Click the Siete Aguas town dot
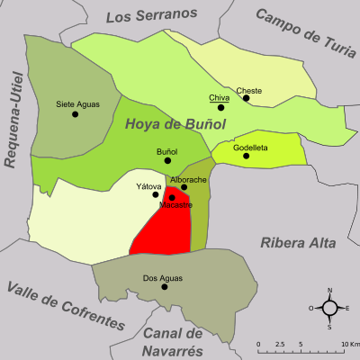point(77,114)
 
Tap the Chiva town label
point(218,97)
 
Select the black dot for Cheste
point(246,99)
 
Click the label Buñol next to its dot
point(167,151)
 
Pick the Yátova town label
point(148,186)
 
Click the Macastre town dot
point(172,197)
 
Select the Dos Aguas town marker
point(164,287)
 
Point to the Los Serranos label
point(150,15)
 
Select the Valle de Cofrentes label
point(65,305)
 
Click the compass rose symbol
point(329,308)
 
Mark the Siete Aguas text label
point(77,103)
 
